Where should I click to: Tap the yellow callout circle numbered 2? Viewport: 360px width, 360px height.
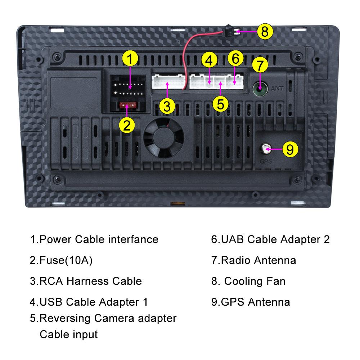[x=127, y=125]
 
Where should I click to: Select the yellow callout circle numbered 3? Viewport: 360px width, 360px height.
[x=167, y=106]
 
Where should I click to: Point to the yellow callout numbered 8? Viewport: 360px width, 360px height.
[x=265, y=32]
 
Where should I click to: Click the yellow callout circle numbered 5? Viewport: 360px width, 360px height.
[x=220, y=103]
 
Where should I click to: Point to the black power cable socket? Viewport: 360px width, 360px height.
[x=129, y=89]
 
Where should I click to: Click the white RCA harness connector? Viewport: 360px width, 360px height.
[x=167, y=81]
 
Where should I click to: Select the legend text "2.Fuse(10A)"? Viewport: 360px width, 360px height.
[x=61, y=260]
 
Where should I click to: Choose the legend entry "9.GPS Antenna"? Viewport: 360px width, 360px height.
[x=250, y=302]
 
